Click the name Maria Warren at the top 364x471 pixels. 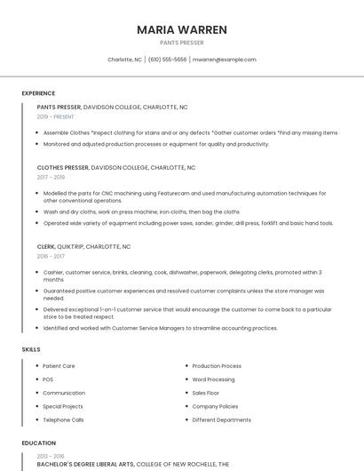point(182,29)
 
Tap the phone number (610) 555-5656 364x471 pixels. point(167,60)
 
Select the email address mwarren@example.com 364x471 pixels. point(224,60)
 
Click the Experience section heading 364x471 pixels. point(38,93)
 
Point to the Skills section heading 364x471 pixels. point(31,349)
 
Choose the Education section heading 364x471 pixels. point(38,443)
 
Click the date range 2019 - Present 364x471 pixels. point(56,116)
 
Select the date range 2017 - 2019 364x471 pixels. point(51,177)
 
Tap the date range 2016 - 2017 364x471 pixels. point(51,256)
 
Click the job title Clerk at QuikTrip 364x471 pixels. point(46,246)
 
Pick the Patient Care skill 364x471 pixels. point(59,366)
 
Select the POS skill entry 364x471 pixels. point(48,379)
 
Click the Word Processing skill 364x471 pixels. point(214,379)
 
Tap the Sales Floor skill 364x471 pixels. point(206,393)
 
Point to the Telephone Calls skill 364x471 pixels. point(63,419)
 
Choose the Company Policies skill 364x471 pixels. point(215,406)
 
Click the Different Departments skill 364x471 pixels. point(221,419)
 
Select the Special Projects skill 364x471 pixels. point(62,406)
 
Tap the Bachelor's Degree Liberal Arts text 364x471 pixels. point(85,464)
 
